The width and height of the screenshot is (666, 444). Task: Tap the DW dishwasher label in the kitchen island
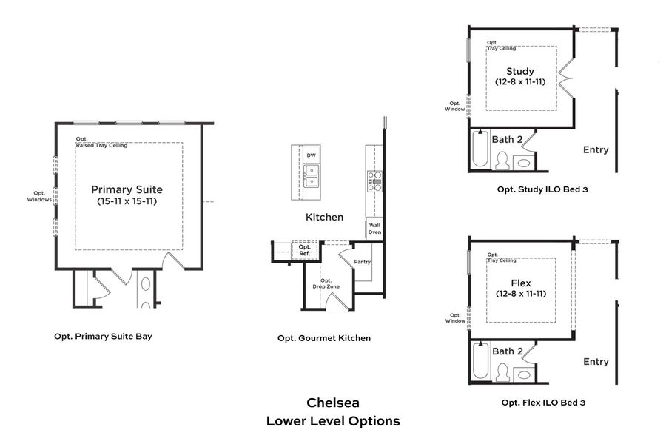(310, 155)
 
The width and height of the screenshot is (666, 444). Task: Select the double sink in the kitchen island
(310, 177)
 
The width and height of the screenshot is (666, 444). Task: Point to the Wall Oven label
(374, 228)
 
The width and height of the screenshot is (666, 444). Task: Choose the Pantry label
(363, 262)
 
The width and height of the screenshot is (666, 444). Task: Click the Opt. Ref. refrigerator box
(304, 251)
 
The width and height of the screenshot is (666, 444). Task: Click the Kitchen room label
(325, 217)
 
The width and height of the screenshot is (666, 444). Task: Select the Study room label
(520, 71)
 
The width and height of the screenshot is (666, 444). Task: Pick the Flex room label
(521, 283)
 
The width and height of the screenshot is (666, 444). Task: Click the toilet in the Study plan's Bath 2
(501, 161)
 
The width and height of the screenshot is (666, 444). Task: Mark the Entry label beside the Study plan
(596, 150)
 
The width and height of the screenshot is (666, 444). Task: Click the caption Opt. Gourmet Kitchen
(324, 338)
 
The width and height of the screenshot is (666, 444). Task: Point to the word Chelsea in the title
(333, 403)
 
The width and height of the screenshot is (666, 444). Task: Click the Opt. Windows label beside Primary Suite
(39, 197)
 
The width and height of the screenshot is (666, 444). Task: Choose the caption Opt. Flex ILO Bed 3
(543, 403)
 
